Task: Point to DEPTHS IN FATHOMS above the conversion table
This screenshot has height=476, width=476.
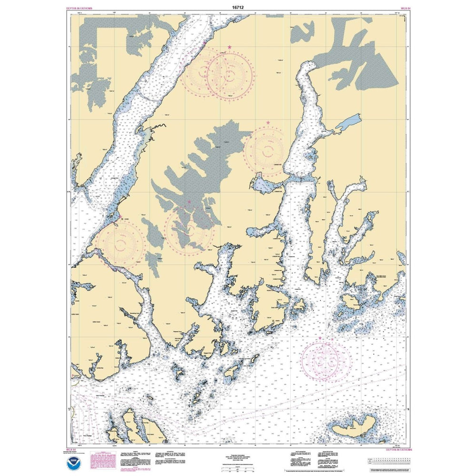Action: coord(398,449)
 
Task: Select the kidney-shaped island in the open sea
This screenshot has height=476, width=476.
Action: coord(354,426)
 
